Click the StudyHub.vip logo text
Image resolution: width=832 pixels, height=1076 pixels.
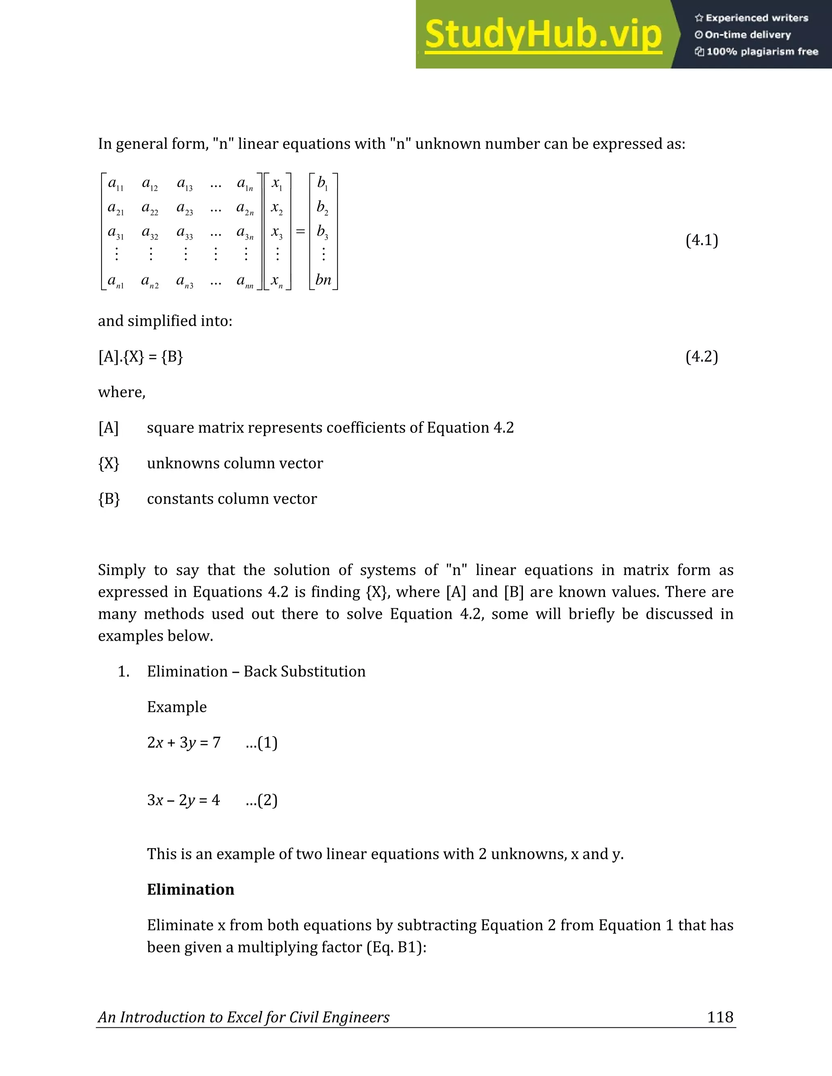coord(543,35)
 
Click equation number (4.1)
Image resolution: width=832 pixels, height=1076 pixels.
coord(701,240)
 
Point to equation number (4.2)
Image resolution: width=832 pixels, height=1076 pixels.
coord(701,356)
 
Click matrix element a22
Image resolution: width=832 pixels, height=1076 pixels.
coord(150,208)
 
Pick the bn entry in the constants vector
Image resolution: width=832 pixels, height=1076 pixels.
coord(323,280)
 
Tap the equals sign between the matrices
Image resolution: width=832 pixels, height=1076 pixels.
coord(300,231)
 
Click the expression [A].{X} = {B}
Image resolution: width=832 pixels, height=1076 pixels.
coord(141,356)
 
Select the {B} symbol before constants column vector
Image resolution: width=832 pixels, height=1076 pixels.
coord(109,499)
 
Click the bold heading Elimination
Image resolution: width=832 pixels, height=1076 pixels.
coord(190,889)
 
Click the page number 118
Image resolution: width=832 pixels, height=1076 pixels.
coord(720,1017)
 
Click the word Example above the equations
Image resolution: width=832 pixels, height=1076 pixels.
coord(176,707)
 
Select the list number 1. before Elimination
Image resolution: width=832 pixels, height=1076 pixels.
coord(123,672)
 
